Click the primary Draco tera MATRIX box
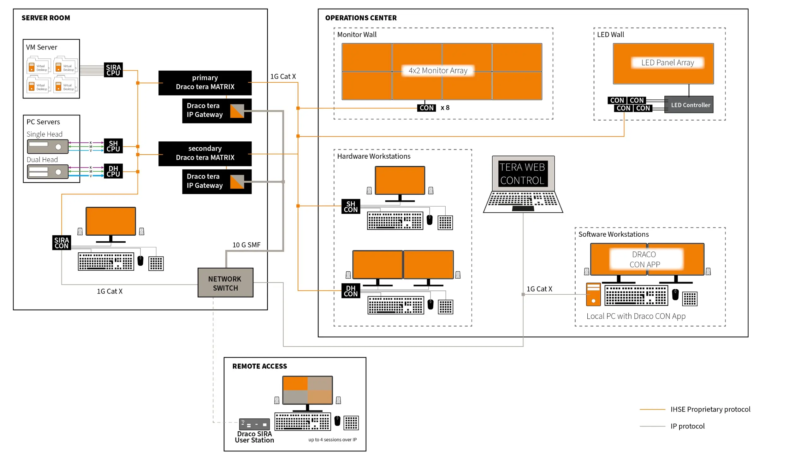205,83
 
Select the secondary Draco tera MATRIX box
205,153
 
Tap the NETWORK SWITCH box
225,283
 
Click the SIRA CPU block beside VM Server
113,70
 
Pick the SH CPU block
113,146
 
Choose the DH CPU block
113,171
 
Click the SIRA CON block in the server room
61,243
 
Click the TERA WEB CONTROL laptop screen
523,174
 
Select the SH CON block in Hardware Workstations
350,207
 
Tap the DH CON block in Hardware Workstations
350,291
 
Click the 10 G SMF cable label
246,245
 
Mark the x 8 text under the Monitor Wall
445,108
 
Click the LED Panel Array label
667,62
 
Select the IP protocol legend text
687,426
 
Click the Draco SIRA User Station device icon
254,424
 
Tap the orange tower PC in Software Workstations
593,294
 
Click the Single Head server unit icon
48,146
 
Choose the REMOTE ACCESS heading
259,366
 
